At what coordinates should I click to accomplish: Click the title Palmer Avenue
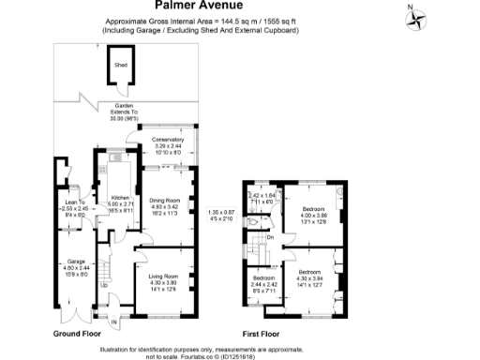[239, 7]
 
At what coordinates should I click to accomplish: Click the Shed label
[120, 66]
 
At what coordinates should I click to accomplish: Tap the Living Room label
[164, 277]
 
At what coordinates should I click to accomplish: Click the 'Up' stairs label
[103, 284]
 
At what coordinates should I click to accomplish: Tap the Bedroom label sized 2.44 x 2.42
[262, 278]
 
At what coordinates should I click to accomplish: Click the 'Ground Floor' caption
[77, 334]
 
